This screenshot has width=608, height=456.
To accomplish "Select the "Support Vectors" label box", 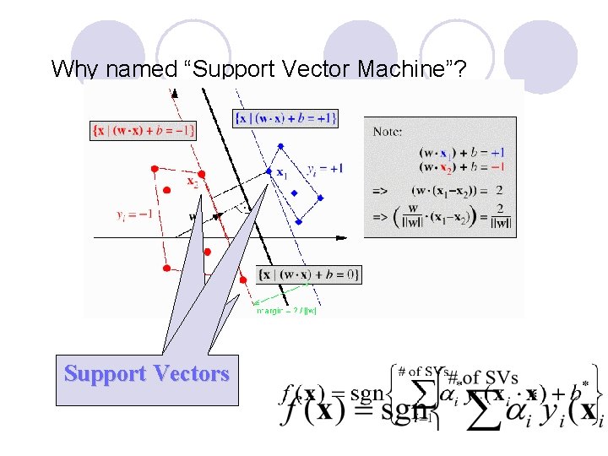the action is (147, 373).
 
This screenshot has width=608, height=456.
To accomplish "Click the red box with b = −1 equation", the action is (143, 130).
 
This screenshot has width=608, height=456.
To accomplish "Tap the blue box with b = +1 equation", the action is (285, 118).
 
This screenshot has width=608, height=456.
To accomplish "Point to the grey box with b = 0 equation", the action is (309, 274).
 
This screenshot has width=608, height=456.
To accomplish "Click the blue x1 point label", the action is (280, 172).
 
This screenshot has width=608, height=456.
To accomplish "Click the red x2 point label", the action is (193, 181).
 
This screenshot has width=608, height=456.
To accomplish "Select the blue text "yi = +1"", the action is (324, 168).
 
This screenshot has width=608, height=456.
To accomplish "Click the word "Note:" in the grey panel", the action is (388, 132).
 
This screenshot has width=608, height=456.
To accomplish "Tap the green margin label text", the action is (287, 311).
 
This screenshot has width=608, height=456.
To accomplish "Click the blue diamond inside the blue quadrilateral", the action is (294, 193).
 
